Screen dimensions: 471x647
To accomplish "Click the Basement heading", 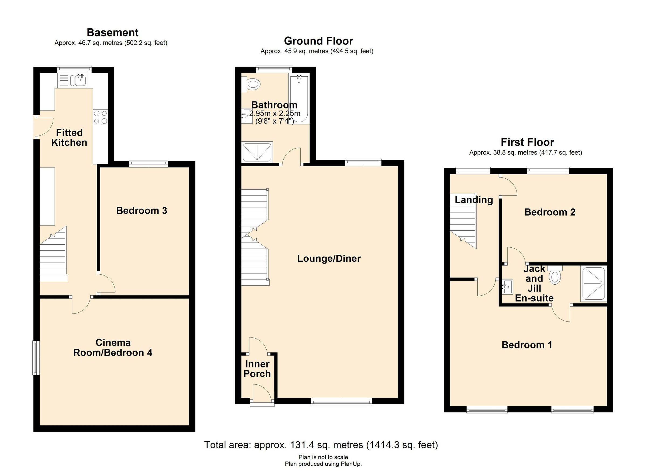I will click(112, 33).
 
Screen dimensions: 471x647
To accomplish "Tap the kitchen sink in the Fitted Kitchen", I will click(80, 80).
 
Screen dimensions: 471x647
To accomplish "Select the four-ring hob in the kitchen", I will click(100, 117).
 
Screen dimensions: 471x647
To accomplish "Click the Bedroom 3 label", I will click(142, 211).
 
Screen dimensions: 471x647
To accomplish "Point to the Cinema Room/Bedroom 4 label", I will click(113, 348).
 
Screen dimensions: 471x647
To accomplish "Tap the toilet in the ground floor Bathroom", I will click(253, 84).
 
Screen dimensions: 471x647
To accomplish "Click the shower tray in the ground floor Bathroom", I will click(257, 152).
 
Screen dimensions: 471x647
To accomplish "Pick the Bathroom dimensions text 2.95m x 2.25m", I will click(274, 114).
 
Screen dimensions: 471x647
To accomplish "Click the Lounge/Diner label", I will click(329, 259).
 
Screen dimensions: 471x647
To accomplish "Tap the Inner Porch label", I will click(257, 369).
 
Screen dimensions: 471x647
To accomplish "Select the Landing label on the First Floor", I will click(474, 200).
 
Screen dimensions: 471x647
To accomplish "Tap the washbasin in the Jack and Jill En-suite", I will click(508, 286).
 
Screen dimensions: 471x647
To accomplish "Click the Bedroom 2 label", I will click(550, 212).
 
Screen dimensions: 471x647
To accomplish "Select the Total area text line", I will click(321, 445).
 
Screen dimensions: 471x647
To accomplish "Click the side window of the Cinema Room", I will click(35, 358).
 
